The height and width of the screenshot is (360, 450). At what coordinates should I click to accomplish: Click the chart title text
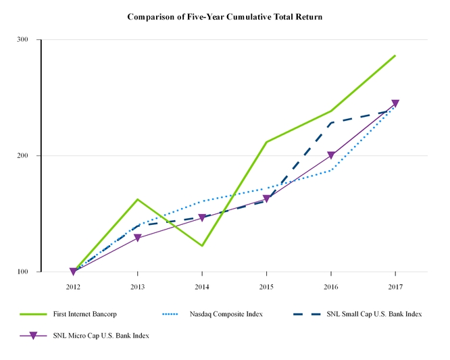pyautogui.click(x=225, y=16)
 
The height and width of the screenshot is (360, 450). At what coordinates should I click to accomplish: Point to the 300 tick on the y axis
pyautogui.click(x=22, y=40)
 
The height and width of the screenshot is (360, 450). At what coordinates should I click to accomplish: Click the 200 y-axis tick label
pyautogui.click(x=22, y=156)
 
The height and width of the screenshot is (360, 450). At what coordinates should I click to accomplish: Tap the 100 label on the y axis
pyautogui.click(x=22, y=272)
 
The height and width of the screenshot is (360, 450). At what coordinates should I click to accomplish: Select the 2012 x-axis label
pyautogui.click(x=73, y=286)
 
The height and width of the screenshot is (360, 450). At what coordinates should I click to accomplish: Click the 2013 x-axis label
pyautogui.click(x=137, y=286)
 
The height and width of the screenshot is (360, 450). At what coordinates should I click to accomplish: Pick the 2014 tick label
pyautogui.click(x=202, y=286)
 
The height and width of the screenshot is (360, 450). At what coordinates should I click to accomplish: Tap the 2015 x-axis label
pyautogui.click(x=266, y=286)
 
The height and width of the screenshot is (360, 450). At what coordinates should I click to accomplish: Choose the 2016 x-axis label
pyautogui.click(x=330, y=286)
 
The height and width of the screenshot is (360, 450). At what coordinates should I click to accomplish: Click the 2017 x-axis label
pyautogui.click(x=395, y=286)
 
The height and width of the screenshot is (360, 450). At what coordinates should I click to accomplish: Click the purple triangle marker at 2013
pyautogui.click(x=137, y=238)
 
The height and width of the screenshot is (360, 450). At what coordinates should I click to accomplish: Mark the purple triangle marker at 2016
pyautogui.click(x=330, y=155)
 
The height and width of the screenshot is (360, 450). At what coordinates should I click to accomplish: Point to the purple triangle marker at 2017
pyautogui.click(x=395, y=103)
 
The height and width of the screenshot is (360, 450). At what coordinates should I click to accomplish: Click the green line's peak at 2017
pyautogui.click(x=395, y=55)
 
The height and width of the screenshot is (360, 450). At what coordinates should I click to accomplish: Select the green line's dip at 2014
pyautogui.click(x=202, y=246)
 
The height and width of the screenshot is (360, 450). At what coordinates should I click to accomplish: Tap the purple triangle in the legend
pyautogui.click(x=32, y=336)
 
